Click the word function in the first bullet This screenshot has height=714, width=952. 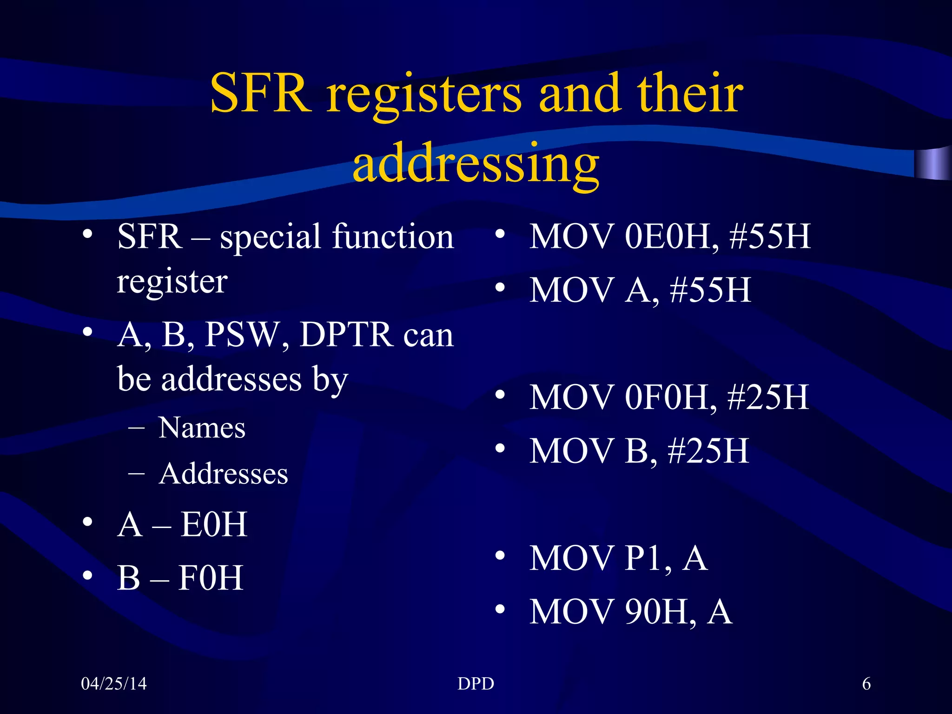[x=392, y=237]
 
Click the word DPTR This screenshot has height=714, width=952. [x=346, y=334]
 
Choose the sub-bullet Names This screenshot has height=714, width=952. [x=202, y=428]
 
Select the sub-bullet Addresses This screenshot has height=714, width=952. [x=223, y=474]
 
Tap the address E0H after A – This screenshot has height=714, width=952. [x=214, y=524]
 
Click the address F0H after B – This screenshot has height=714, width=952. [x=211, y=578]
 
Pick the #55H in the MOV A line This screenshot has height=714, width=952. [x=710, y=290]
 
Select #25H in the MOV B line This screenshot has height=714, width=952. [x=708, y=451]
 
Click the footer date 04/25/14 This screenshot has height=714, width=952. [x=114, y=684]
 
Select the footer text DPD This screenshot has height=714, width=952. [x=476, y=684]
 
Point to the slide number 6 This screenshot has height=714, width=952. [x=866, y=684]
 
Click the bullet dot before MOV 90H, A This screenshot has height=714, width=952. [x=500, y=609]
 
